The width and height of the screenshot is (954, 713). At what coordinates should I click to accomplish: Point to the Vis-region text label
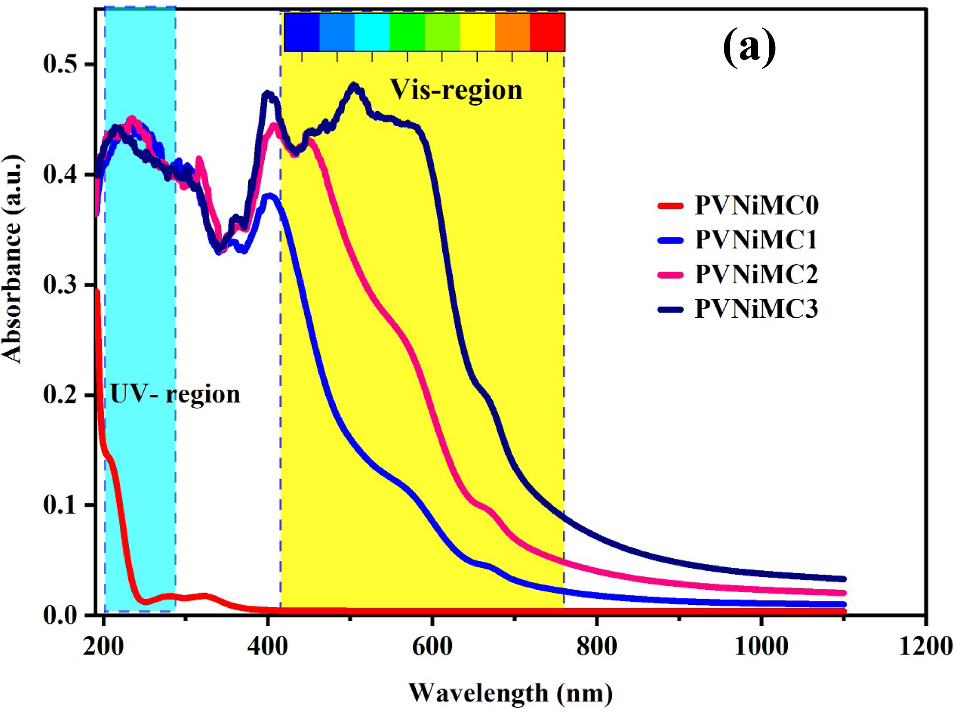pos(456,90)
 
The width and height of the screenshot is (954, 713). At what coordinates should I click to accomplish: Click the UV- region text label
pos(175,394)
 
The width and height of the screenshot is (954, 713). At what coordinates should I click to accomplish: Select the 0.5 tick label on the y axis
pos(60,64)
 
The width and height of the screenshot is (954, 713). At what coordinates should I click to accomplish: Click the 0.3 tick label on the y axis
pos(60,285)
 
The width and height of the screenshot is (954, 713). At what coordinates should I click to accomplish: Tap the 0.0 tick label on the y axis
pos(60,615)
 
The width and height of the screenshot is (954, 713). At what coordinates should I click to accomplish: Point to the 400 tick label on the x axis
pos(267,647)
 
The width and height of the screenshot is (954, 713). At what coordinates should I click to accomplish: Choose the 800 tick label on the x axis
pos(596,647)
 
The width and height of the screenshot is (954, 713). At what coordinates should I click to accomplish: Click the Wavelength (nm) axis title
pos(510,693)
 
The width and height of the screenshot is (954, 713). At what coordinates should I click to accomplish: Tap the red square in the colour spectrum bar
pos(547,32)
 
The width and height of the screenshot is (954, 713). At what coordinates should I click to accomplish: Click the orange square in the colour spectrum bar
pos(512,32)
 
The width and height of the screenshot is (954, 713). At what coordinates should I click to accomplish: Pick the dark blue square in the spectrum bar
pos(301,32)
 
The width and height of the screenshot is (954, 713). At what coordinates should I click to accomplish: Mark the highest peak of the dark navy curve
pos(354,87)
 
